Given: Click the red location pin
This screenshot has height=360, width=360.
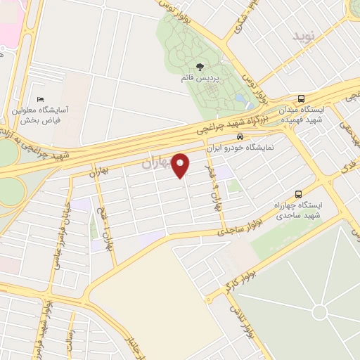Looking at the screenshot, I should tap(181, 166).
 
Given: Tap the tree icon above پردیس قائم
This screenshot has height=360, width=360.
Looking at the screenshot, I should tap(200, 67).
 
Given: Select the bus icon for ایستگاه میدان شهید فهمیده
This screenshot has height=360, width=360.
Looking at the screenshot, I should tap(302, 99).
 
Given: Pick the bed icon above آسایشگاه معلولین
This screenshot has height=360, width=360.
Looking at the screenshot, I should tap(41, 100).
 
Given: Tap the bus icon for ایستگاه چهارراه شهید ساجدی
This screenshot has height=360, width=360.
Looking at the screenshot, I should tap(299, 193).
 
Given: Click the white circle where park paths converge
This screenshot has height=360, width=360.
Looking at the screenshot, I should tap(321, 311).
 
